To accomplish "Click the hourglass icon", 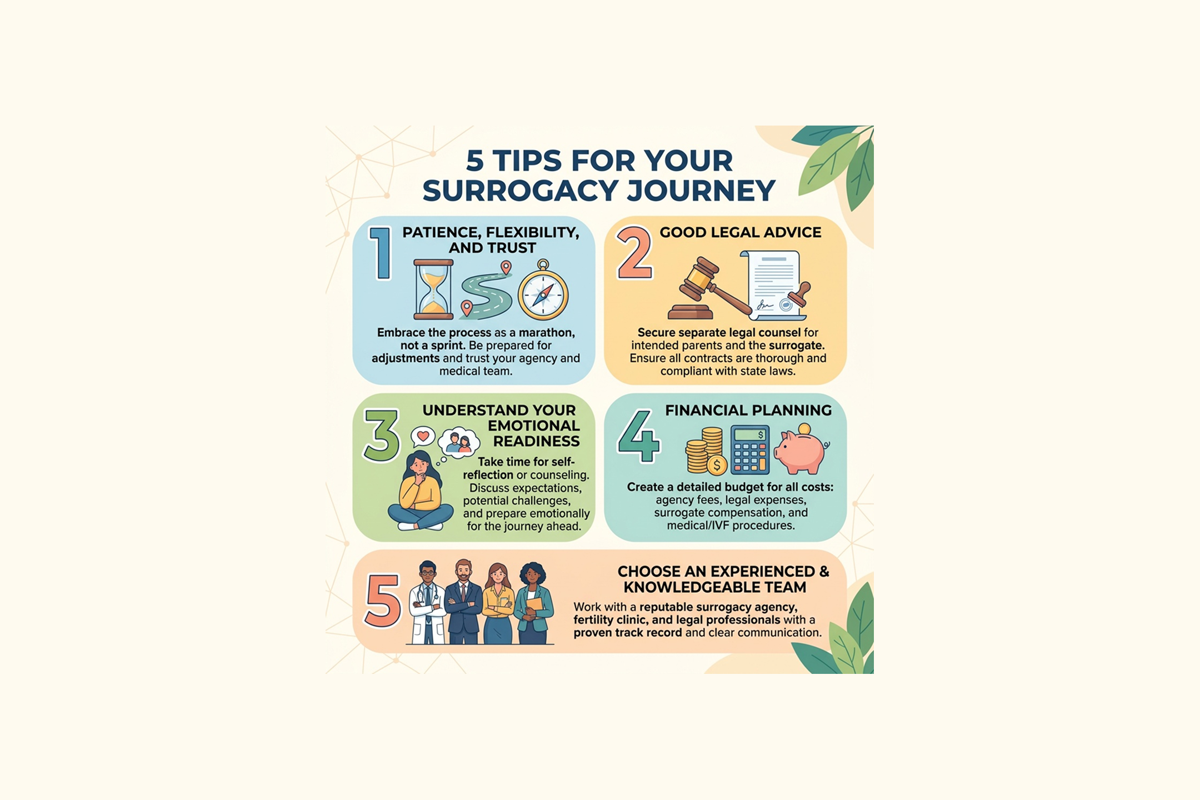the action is (433, 289).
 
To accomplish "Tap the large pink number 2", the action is (634, 252).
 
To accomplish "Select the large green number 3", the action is (381, 436).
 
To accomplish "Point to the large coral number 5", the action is (383, 601).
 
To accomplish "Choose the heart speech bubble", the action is (423, 437).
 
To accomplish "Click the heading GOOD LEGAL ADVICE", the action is (740, 232).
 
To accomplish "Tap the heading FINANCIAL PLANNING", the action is (748, 410).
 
